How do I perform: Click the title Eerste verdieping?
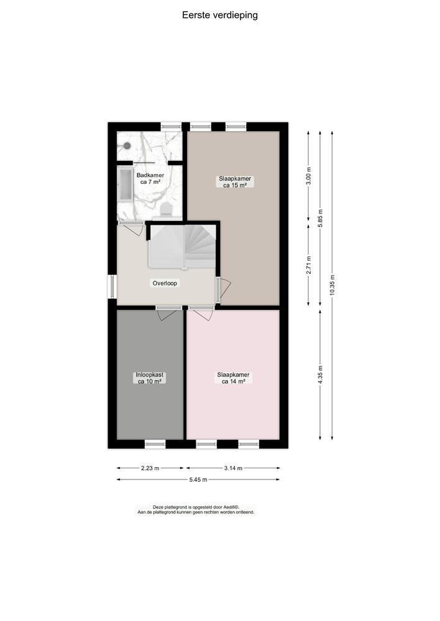pos(220,15)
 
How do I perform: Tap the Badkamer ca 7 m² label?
pos(150,179)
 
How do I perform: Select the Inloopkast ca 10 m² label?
pos(149,378)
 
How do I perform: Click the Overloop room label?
pos(166,283)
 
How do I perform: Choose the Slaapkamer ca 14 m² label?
pos(233,378)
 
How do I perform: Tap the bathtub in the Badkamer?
pos(125,184)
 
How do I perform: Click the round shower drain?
pos(127,146)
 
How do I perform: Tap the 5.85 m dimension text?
pos(321,218)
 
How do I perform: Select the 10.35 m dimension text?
pos(332,285)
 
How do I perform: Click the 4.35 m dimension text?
pos(321,374)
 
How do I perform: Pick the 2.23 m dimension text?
pos(150,468)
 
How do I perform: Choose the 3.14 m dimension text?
pos(232,468)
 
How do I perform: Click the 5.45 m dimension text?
pos(198,480)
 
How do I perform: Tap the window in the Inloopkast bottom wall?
pos(155,444)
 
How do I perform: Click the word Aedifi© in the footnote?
pos(230,507)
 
